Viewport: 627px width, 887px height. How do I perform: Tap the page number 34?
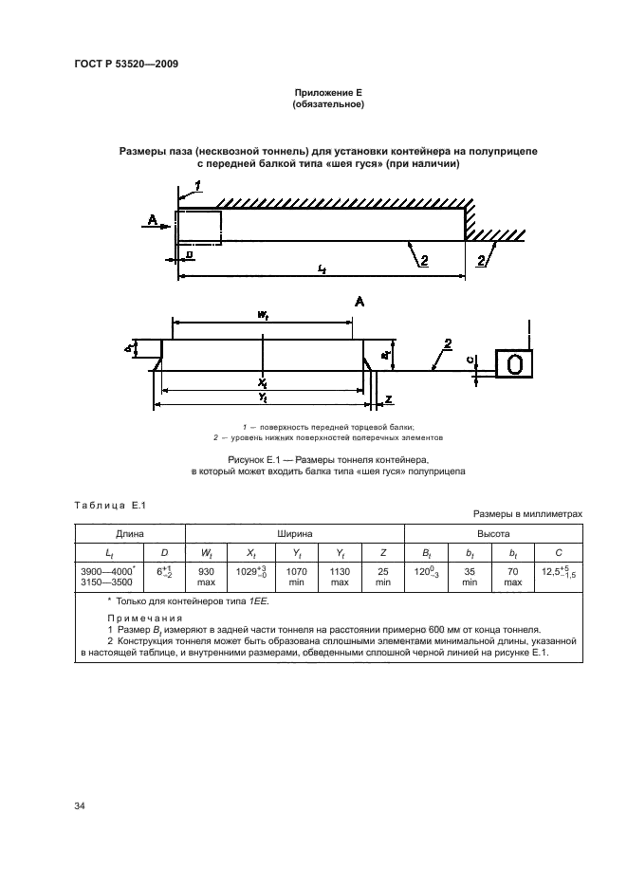point(80,806)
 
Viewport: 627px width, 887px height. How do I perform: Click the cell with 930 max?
point(206,577)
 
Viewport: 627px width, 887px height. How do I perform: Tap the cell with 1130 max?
point(339,577)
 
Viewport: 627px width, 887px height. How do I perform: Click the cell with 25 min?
point(382,577)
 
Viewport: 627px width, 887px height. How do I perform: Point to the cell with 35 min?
point(469,577)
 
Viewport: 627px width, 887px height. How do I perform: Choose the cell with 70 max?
point(512,577)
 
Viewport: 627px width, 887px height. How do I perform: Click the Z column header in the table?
point(382,552)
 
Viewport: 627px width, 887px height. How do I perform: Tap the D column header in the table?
point(165,552)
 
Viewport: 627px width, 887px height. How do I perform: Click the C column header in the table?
point(558,552)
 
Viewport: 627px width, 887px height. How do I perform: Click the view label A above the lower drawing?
point(360,302)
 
